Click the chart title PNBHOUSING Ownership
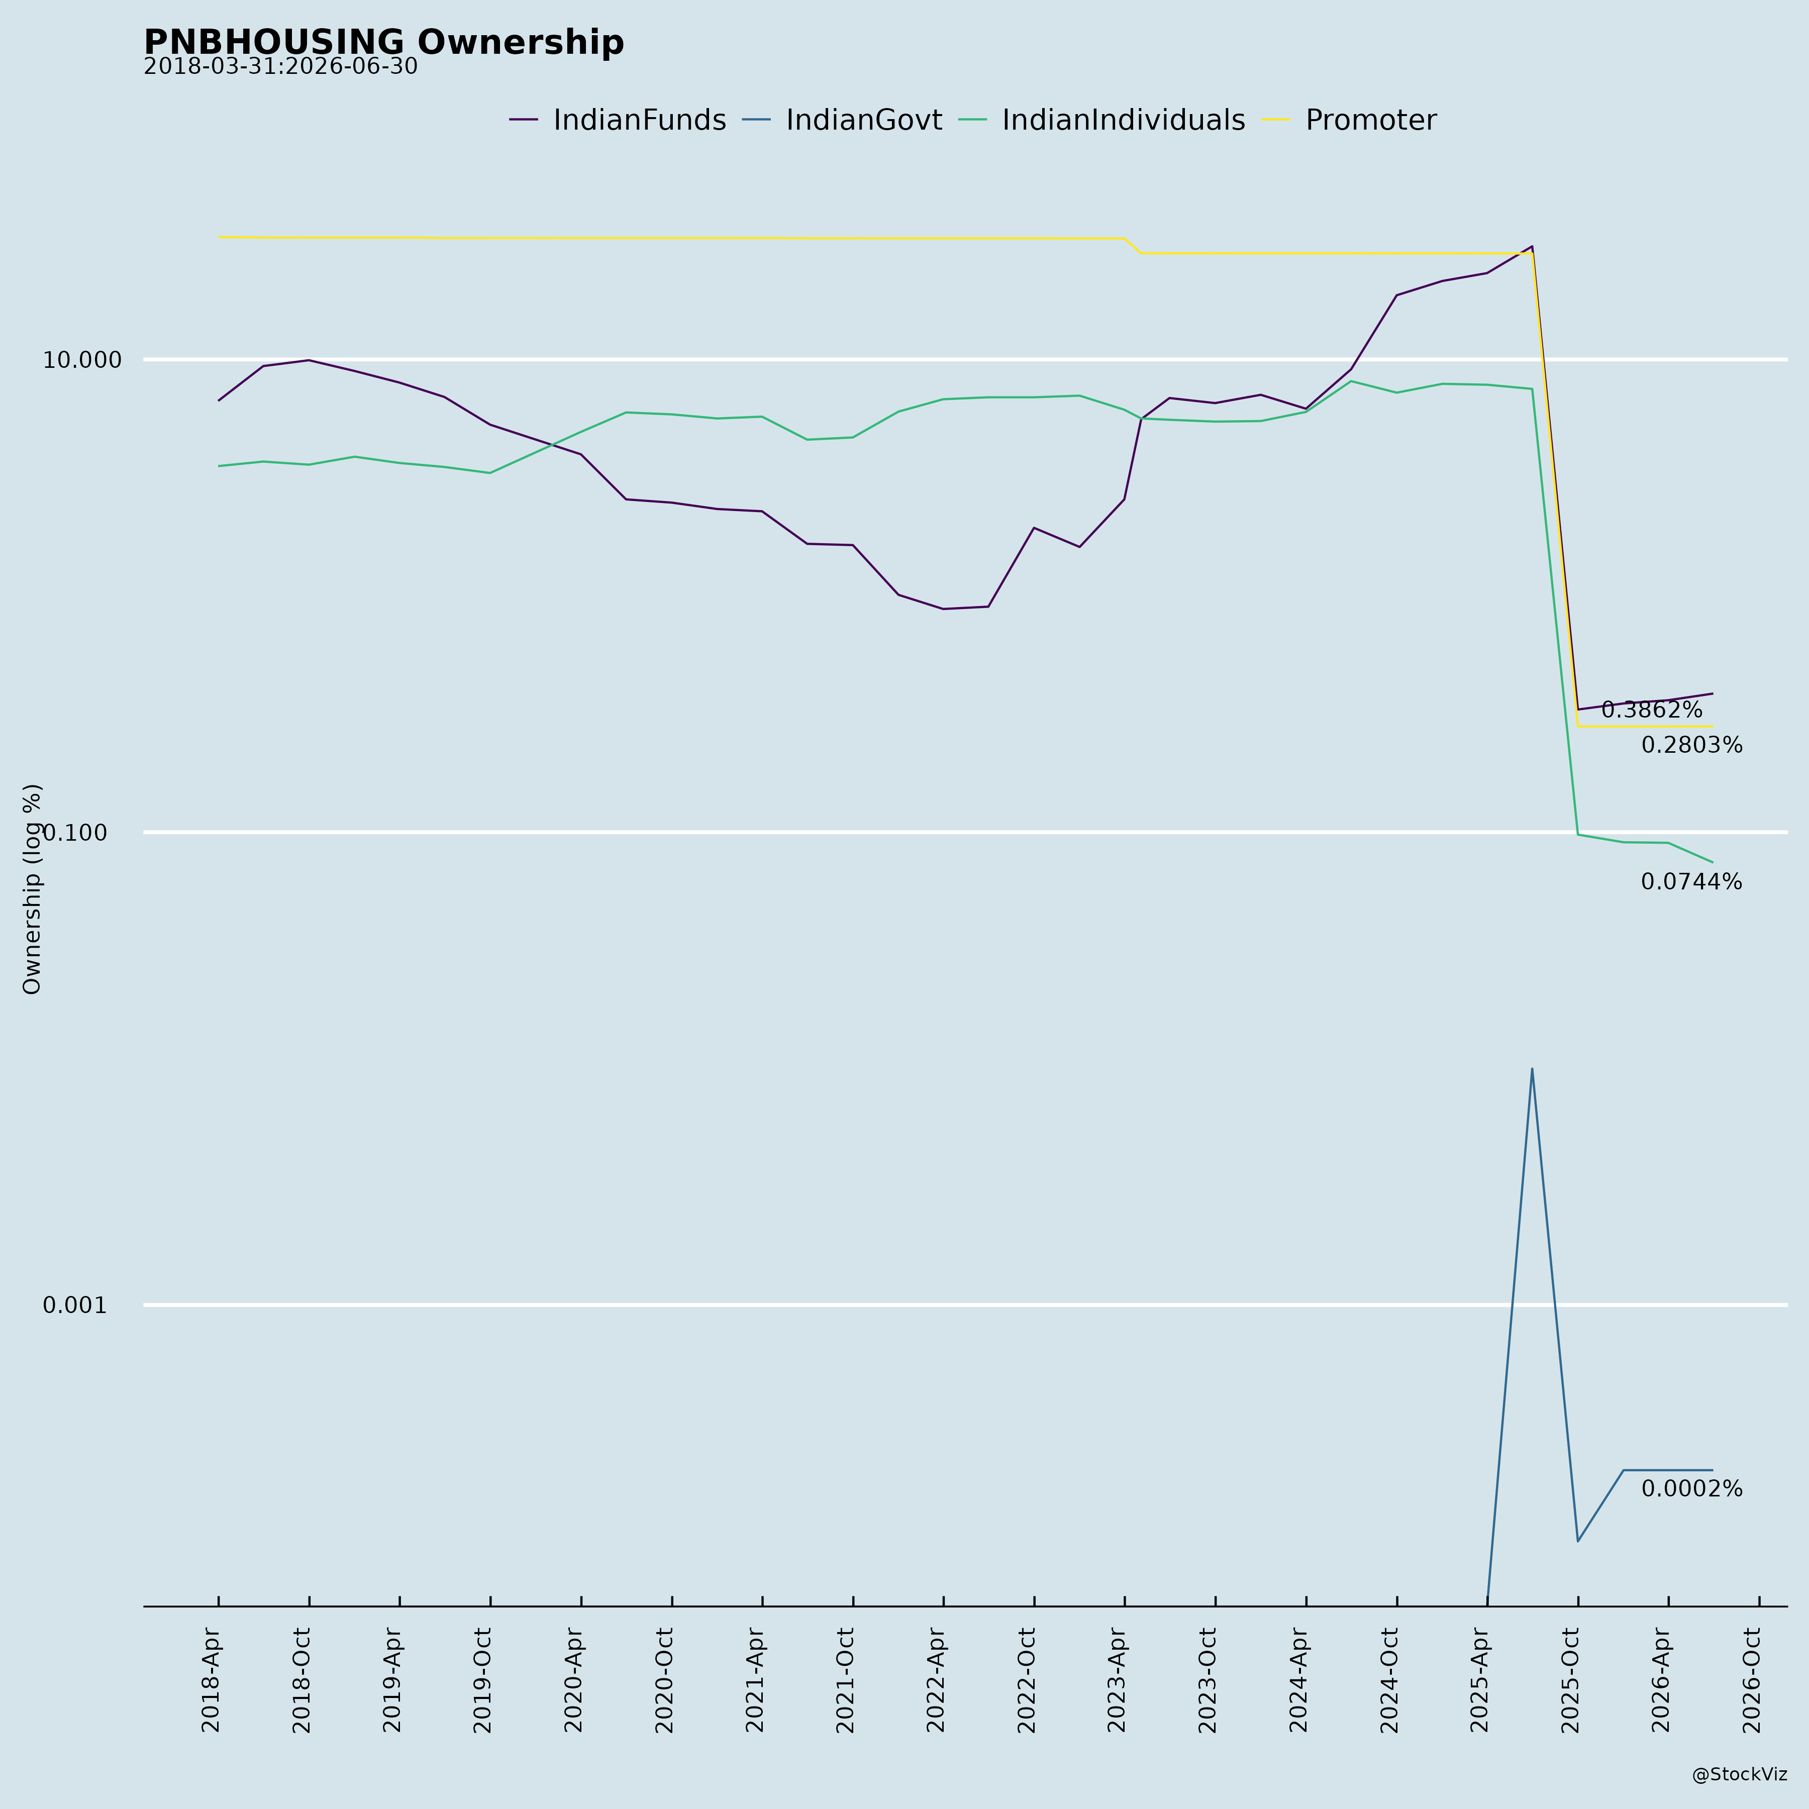(x=384, y=42)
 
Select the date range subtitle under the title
(x=281, y=67)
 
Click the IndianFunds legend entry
(x=618, y=121)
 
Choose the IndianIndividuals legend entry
(x=1102, y=121)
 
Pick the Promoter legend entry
(x=1349, y=121)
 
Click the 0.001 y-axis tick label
(x=75, y=1305)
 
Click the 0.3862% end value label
(x=1652, y=710)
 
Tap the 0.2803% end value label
(x=1692, y=745)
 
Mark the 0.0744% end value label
(x=1692, y=882)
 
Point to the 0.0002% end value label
(x=1692, y=1489)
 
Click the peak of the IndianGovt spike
(x=1532, y=1068)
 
